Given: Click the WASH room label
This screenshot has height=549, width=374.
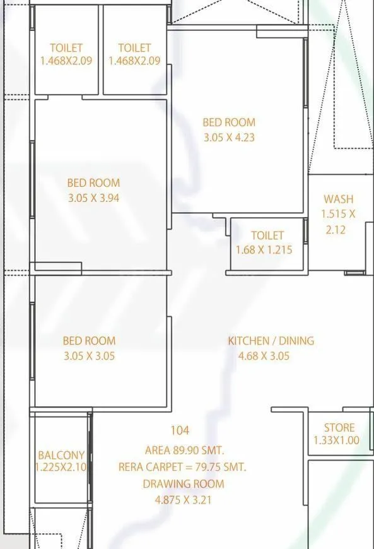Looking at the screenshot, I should pos(339,199).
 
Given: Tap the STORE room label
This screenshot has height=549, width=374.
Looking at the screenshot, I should pos(339,427).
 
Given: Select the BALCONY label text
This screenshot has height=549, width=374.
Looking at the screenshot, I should pos(61,455).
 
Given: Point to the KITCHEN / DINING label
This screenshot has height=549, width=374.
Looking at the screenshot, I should pos(271,341).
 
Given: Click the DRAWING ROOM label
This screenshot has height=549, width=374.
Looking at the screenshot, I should pos(183,484).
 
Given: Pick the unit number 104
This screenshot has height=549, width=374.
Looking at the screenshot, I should pos(180,430).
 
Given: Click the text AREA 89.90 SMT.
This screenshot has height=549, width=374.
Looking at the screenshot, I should pos(184,451).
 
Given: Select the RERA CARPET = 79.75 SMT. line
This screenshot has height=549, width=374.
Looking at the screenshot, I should pos(182,467).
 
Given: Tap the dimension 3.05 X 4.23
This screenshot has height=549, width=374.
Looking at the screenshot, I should pos(228,137).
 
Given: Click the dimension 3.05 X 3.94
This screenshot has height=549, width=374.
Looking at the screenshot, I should pos(93,198).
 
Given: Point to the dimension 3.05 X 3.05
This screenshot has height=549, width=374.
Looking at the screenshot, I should pos(89,356).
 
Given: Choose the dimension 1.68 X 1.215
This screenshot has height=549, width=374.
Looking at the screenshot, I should pos(264,250).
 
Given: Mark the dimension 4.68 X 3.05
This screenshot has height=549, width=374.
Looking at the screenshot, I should pos(264,356).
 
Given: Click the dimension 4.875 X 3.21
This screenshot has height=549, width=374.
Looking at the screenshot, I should pos(183,500).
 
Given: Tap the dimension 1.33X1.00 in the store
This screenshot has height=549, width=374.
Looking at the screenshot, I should pos(336,440).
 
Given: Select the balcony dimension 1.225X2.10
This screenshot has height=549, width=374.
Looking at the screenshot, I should pos(61,468).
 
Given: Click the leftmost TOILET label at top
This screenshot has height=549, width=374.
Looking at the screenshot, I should pos(66,48).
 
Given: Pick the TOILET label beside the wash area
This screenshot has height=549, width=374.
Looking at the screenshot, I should pos(267,236).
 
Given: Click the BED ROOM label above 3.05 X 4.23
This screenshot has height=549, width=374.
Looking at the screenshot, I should pos(228,122).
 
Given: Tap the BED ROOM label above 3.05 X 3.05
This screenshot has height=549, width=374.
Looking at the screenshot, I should pos(89,341).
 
